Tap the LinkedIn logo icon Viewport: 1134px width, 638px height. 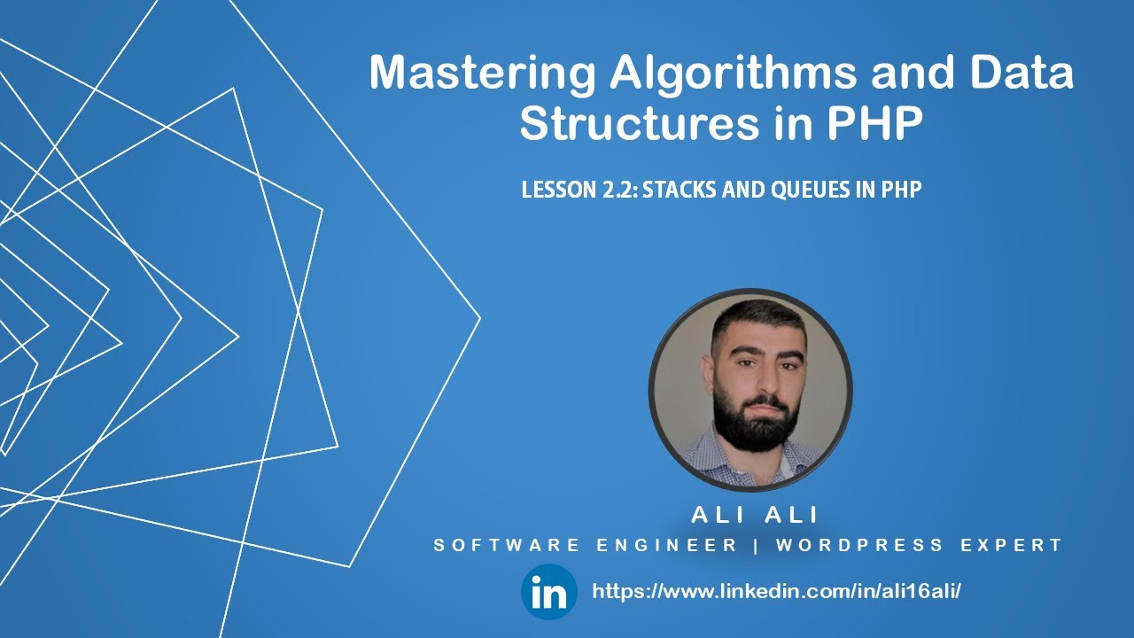(x=548, y=592)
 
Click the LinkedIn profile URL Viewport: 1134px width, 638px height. (x=776, y=592)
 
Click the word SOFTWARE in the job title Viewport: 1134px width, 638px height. (x=508, y=546)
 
